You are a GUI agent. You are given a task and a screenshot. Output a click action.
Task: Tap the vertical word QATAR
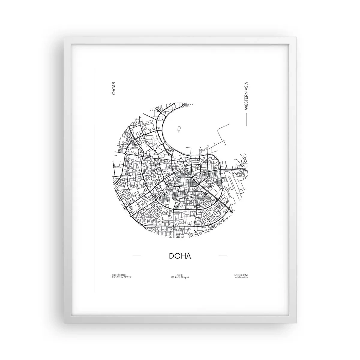[114, 89]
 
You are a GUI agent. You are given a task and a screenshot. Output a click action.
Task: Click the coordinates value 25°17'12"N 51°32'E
[121, 277]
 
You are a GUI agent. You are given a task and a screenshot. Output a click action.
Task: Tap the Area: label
[180, 275]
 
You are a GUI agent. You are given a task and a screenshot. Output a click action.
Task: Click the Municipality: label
[241, 275]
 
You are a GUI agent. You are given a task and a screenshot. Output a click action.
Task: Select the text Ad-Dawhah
[242, 277]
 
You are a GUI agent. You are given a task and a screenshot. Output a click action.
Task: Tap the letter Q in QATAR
[114, 94]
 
